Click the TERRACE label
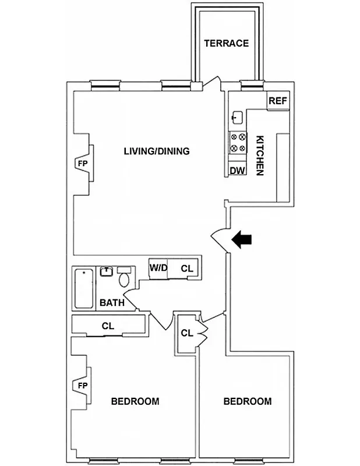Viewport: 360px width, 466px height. pyautogui.click(x=226, y=43)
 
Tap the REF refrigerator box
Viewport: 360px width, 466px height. pyautogui.click(x=277, y=101)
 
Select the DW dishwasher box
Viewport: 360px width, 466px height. pyautogui.click(x=237, y=170)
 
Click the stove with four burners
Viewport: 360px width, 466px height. pyautogui.click(x=237, y=143)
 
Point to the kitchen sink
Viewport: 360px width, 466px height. pyautogui.click(x=237, y=117)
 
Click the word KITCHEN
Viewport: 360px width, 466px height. pyautogui.click(x=260, y=156)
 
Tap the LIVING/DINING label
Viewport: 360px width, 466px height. pyautogui.click(x=156, y=151)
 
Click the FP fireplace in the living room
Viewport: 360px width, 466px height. pyautogui.click(x=82, y=164)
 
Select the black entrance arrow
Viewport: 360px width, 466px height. pyautogui.click(x=242, y=238)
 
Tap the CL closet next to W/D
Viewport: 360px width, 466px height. pyautogui.click(x=186, y=269)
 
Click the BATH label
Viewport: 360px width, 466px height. pyautogui.click(x=111, y=303)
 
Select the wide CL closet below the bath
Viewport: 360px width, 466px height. pyautogui.click(x=108, y=326)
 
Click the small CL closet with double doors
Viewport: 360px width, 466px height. pyautogui.click(x=187, y=333)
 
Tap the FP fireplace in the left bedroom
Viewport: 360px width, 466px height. pyautogui.click(x=82, y=386)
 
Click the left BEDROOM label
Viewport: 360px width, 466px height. pyautogui.click(x=135, y=401)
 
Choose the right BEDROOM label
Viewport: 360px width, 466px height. pyautogui.click(x=248, y=401)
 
